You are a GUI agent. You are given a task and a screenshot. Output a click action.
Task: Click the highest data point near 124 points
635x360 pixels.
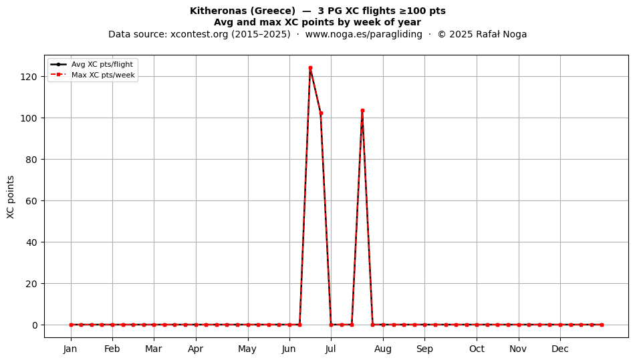(x=310, y=68)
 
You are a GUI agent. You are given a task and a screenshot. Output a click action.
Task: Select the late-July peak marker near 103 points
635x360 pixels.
(x=362, y=110)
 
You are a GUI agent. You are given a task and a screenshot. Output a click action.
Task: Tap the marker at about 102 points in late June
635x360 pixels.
(x=321, y=114)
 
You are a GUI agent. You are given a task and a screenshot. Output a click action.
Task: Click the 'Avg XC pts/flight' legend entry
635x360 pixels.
(x=102, y=64)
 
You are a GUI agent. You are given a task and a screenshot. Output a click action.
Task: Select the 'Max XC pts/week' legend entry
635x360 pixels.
(x=103, y=75)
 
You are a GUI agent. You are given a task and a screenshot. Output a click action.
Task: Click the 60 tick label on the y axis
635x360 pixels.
(x=31, y=201)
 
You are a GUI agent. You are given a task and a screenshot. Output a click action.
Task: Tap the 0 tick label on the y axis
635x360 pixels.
(x=35, y=325)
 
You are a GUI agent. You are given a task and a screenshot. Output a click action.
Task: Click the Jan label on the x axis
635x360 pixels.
(x=70, y=349)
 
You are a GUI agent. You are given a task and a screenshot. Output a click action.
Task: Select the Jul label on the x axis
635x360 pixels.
(x=330, y=349)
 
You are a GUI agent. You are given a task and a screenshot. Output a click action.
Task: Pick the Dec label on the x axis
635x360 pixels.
(x=560, y=349)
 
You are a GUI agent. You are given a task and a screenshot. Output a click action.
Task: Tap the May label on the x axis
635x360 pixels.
(x=247, y=349)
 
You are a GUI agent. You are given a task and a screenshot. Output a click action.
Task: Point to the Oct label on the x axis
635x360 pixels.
(x=477, y=349)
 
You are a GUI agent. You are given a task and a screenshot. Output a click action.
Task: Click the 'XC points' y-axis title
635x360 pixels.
(x=11, y=197)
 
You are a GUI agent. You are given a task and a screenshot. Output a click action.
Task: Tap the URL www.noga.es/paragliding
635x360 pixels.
(x=364, y=34)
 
